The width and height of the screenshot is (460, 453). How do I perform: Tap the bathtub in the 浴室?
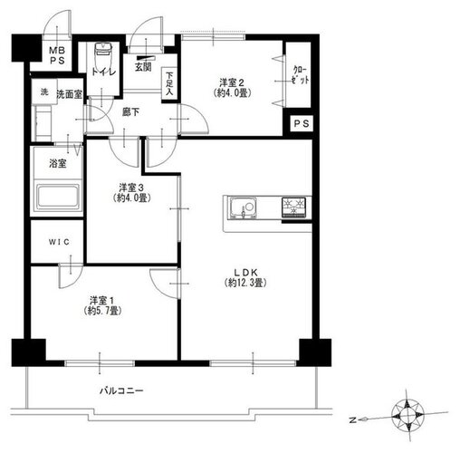[59, 197]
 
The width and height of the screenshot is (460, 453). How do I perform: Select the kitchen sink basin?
[244, 207]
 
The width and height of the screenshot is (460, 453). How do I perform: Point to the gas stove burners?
[293, 207]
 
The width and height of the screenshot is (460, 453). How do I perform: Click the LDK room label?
[246, 273]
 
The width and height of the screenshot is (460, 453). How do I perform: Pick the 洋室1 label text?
[102, 301]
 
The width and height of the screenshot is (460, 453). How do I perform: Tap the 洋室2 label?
[232, 82]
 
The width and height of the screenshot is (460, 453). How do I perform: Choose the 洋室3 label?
[131, 188]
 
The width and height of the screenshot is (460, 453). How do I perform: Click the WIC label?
[59, 242]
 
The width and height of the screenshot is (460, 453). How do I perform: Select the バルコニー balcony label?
[121, 390]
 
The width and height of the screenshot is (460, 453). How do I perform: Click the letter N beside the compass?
[352, 420]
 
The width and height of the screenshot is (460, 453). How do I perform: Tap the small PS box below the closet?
[302, 123]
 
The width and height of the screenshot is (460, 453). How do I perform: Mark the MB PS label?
[57, 55]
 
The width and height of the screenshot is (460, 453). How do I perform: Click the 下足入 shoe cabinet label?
[169, 83]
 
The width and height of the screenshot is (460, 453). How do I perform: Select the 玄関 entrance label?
[143, 67]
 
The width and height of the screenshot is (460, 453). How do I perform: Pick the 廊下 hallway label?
[130, 112]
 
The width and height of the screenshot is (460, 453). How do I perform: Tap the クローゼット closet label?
[301, 75]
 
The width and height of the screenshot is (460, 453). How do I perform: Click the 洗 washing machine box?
[44, 92]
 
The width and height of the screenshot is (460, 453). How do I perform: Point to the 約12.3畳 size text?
[245, 283]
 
